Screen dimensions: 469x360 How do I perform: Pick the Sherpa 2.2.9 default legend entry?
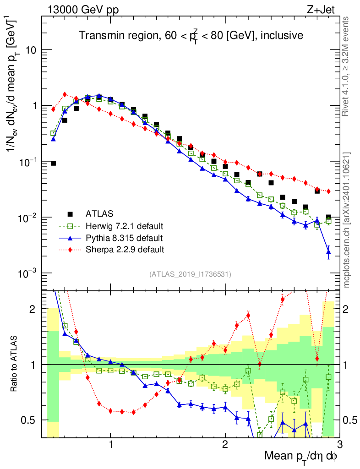pos(125,250)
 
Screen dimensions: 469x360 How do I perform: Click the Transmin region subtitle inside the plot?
pos(191,35)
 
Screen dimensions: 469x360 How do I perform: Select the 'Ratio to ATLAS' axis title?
pos(15,365)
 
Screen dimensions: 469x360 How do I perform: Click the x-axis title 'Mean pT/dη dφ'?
pos(301,456)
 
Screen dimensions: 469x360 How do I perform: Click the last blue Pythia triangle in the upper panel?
pos(328,252)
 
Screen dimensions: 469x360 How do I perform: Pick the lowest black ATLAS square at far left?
pos(53,163)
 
